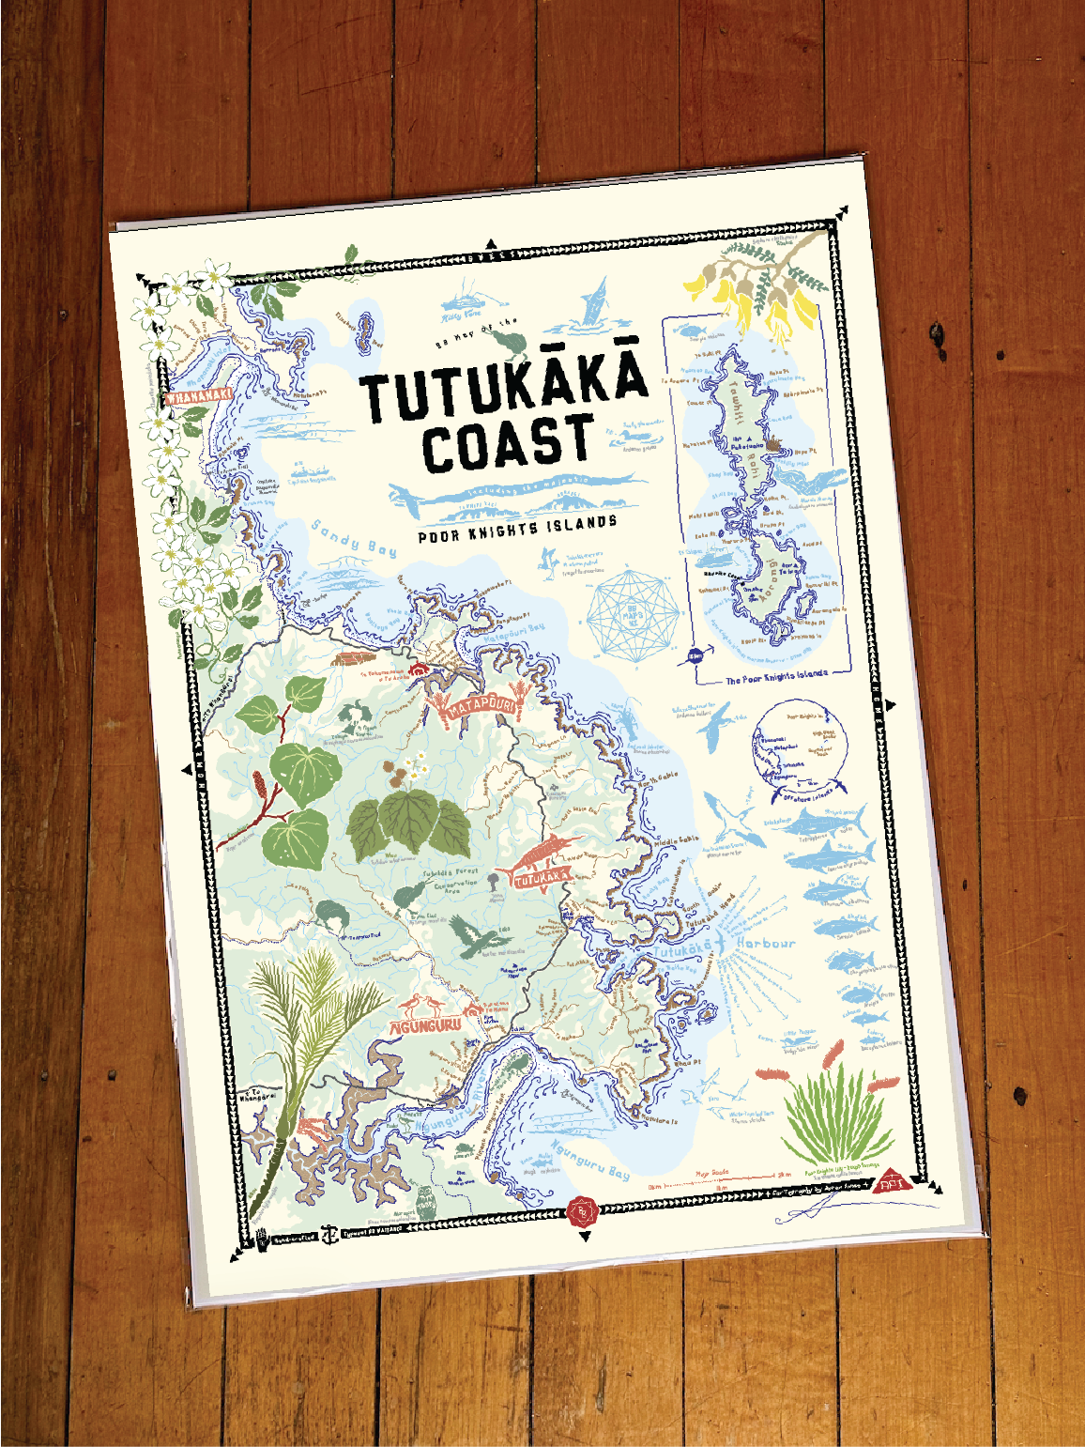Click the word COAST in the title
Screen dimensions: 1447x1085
pos(508,442)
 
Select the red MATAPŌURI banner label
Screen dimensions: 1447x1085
pos(480,705)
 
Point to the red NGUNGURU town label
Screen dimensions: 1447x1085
pos(426,1025)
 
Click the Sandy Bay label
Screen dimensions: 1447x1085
pos(354,537)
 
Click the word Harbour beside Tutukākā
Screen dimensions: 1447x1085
pos(766,943)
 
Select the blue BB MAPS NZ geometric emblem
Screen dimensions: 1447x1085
pos(633,616)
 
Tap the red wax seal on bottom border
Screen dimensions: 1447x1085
pos(583,1211)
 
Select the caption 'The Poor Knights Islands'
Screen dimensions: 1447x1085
pos(776,676)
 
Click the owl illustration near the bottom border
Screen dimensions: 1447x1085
pos(426,1202)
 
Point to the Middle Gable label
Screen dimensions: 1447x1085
pos(677,840)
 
